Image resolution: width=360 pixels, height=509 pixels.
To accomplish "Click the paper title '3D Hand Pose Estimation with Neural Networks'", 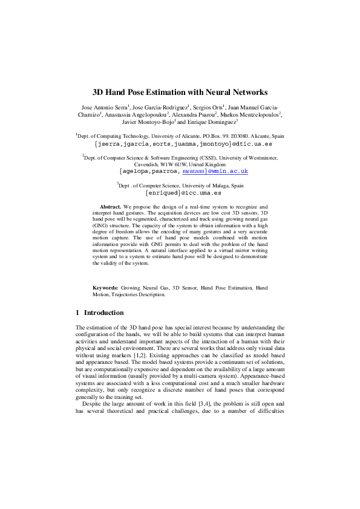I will (x=180, y=92).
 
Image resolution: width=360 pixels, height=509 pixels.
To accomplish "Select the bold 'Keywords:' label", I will (x=105, y=288).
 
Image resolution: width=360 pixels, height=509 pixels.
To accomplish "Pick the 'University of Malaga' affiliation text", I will (x=214, y=186).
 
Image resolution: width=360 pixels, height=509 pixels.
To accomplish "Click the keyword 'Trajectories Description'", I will (x=134, y=294).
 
